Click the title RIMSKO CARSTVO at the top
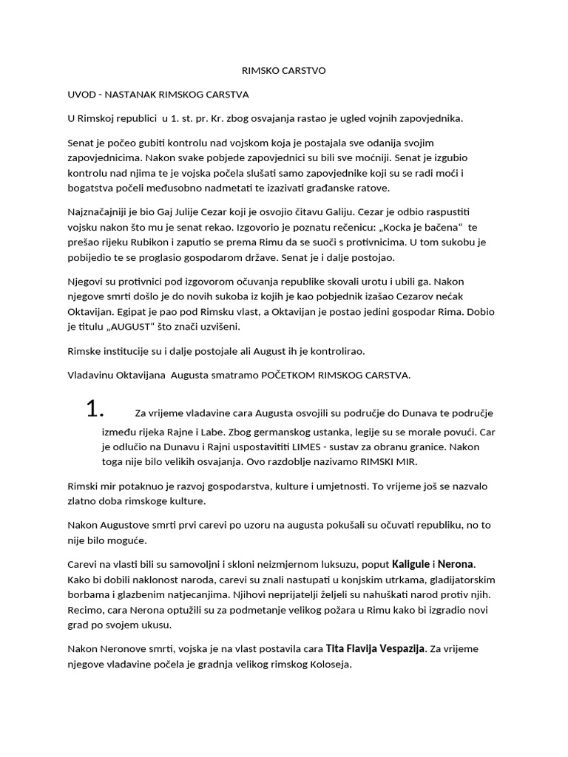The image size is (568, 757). pyautogui.click(x=283, y=71)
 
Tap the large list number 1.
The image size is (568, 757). pyautogui.click(x=97, y=410)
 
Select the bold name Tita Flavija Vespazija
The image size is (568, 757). pyautogui.click(x=375, y=648)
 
